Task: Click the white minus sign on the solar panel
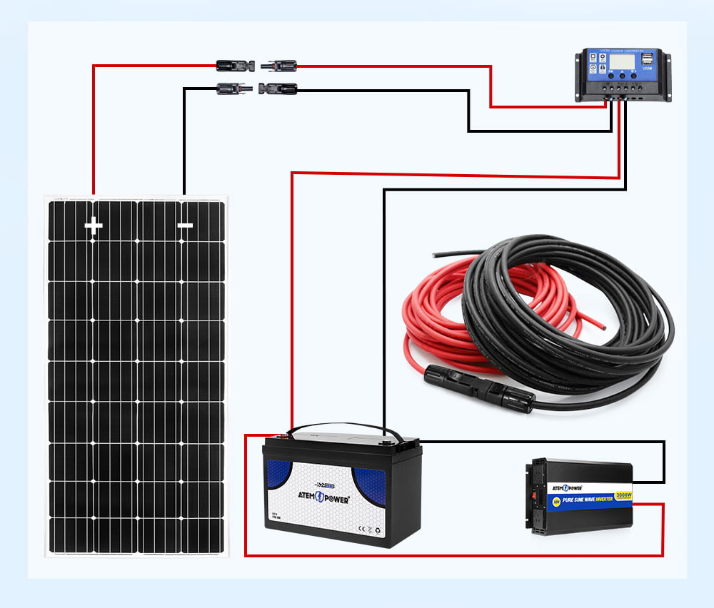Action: coord(185,226)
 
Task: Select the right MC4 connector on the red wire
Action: coord(280,66)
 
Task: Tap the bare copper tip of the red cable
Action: coord(606,326)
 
